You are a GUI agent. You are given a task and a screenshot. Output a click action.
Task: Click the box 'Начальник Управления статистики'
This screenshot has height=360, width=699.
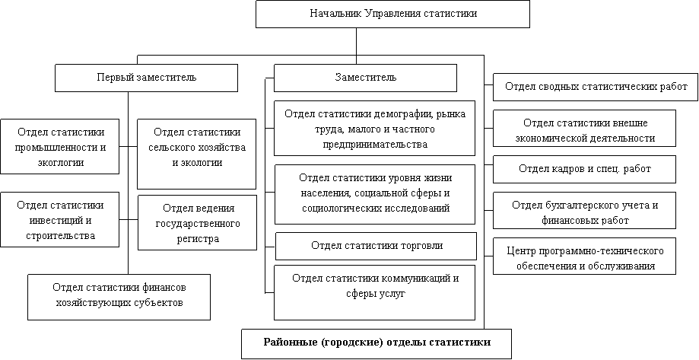click(x=392, y=14)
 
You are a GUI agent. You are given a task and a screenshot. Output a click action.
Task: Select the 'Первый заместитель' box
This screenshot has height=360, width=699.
click(x=146, y=78)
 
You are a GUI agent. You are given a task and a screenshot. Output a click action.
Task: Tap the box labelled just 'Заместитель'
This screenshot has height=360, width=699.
click(x=365, y=78)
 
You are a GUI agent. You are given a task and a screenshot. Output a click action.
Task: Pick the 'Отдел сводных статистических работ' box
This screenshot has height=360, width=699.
click(x=596, y=87)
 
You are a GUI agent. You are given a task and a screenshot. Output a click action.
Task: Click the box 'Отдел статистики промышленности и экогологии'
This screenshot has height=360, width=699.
click(x=59, y=146)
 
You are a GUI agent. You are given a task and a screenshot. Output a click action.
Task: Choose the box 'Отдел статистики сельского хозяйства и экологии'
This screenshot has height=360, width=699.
click(x=197, y=153)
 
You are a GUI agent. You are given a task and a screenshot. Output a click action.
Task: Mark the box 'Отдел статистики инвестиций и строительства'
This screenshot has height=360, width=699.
click(x=59, y=219)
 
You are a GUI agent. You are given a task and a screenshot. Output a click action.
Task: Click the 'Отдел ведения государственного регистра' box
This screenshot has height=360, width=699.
click(x=197, y=222)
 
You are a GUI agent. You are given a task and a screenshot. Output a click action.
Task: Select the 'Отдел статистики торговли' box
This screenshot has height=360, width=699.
click(x=376, y=246)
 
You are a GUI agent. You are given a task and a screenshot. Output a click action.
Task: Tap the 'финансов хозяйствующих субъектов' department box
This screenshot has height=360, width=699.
click(x=119, y=295)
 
